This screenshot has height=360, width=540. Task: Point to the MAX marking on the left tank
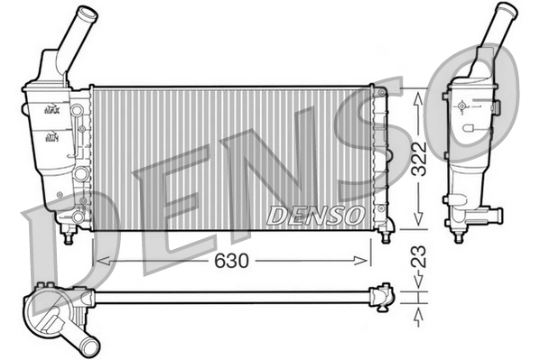pyautogui.click(x=51, y=109)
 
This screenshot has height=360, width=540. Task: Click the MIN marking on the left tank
pyautogui.click(x=51, y=137)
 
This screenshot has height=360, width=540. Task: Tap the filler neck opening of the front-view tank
pyautogui.click(x=86, y=14)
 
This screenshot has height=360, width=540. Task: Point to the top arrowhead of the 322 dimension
pyautogui.click(x=417, y=97)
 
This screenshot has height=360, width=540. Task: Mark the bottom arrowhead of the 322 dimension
pyautogui.click(x=417, y=223)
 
